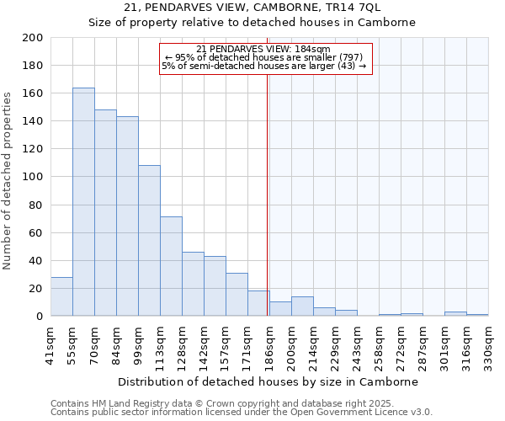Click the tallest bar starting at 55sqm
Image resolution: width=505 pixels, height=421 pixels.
tap(83, 202)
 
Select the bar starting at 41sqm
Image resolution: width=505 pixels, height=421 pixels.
tap(61, 296)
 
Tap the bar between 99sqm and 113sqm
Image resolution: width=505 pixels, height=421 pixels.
tap(149, 241)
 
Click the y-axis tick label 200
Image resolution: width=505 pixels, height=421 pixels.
tap(33, 38)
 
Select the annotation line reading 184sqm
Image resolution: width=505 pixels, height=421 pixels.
tap(263, 49)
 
